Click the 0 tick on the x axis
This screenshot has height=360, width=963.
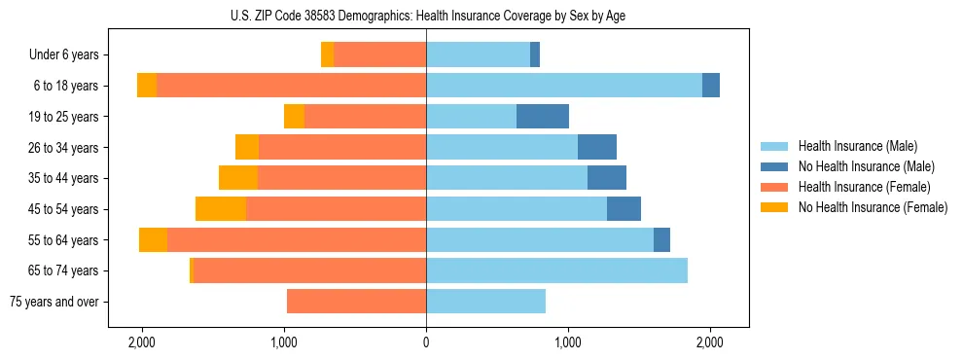pos(426,343)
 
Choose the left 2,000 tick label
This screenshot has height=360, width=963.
pos(142,343)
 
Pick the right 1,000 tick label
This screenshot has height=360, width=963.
pos(568,343)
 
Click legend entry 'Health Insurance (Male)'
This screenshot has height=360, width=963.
pos(857,146)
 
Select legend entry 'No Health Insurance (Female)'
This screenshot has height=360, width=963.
pos(873,207)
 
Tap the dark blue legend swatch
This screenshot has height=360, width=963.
pos(775,166)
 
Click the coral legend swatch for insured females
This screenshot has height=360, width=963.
pos(775,187)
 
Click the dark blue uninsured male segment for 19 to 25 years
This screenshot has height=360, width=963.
pos(543,117)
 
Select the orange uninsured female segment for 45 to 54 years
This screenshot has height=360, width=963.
pos(221,209)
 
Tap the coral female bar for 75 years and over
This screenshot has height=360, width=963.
pos(356,302)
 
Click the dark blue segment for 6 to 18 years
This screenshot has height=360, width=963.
pos(711,86)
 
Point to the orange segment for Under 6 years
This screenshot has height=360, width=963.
pos(327,55)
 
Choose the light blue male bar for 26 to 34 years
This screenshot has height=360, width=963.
pos(502,147)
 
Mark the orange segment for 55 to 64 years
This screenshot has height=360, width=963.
pos(153,240)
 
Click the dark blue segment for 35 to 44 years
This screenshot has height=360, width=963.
pos(607,178)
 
